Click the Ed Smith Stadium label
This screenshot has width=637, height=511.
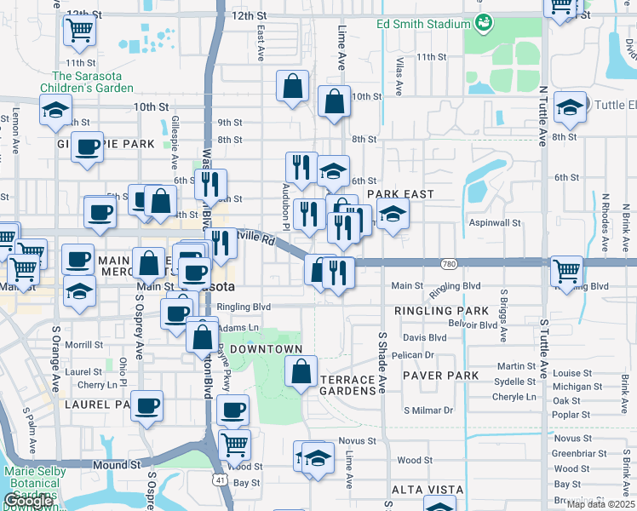coord(425,21)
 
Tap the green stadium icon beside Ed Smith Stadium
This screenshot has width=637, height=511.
coord(484,21)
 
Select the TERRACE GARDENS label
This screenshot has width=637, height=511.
coord(347,385)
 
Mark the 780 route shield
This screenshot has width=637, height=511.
coord(449,264)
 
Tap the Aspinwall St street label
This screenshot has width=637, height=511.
coord(495,222)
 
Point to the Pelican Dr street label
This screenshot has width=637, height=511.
coord(413,354)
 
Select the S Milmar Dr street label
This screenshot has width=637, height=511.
coord(428,411)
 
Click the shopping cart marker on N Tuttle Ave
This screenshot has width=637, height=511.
coord(566,271)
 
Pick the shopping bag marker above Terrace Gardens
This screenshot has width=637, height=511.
coord(301,371)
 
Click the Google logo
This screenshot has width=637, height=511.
coord(28,501)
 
